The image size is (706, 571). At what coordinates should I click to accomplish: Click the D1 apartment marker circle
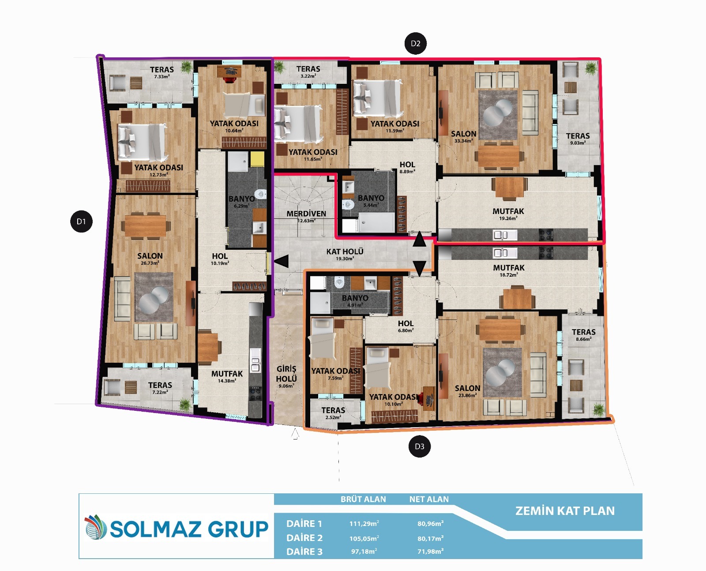(81, 222)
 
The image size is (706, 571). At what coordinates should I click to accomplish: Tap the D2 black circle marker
(415, 43)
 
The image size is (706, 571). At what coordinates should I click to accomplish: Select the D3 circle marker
(419, 447)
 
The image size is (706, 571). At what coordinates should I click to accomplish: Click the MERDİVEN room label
(306, 214)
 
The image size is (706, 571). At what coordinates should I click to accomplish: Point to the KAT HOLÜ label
(345, 252)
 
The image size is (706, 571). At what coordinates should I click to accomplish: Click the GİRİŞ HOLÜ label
(286, 374)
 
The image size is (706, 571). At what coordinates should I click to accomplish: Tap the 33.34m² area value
(463, 141)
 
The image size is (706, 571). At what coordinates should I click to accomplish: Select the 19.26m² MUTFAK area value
(508, 218)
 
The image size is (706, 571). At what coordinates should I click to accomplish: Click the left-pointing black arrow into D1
(282, 261)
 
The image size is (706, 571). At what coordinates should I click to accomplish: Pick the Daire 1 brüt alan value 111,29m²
(364, 524)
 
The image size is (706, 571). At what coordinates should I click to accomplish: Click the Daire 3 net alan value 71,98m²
(431, 552)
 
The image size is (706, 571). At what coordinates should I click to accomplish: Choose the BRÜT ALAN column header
(363, 500)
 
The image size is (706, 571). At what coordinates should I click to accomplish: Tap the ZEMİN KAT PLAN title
(565, 511)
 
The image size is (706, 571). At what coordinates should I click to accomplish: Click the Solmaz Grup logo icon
(95, 527)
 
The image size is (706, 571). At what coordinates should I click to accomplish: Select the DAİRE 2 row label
(304, 538)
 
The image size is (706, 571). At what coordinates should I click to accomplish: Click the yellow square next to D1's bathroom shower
(257, 159)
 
